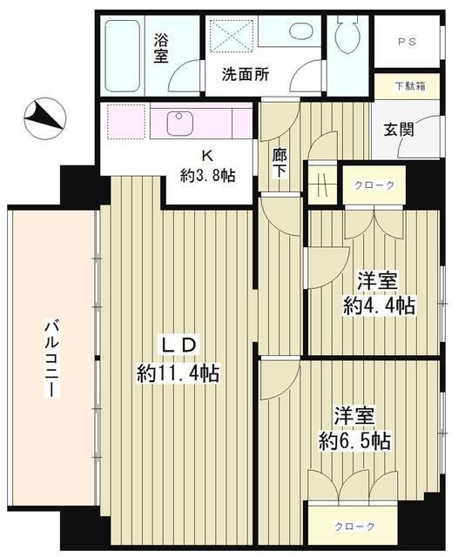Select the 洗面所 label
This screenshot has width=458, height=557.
[245, 75]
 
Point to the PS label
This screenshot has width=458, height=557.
[407, 41]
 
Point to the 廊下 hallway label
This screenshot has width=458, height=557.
[279, 163]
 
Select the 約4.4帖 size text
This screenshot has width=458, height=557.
[377, 305]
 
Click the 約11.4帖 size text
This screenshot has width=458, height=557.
[178, 373]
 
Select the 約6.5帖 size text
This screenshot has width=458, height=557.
[353, 440]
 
